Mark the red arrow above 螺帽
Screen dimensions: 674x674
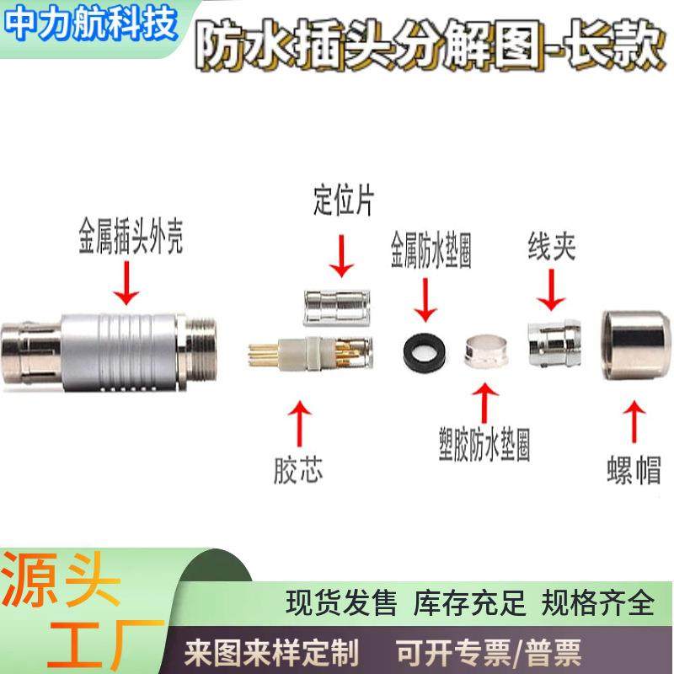(x=633, y=419)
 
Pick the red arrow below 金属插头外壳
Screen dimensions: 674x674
(x=129, y=286)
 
